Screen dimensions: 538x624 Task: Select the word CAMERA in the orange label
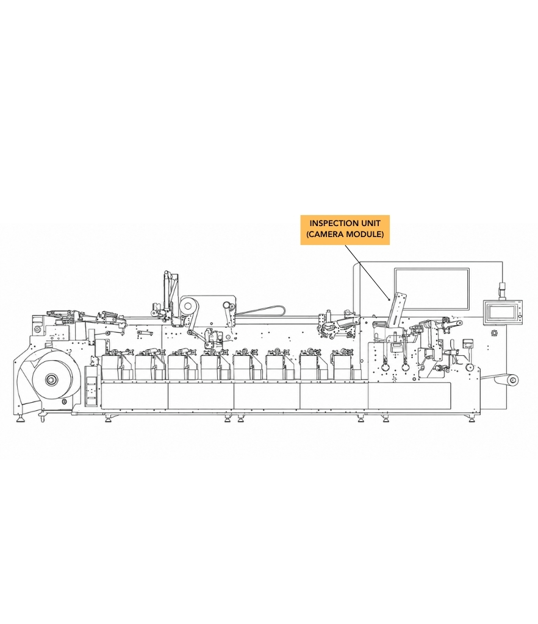pos(326,234)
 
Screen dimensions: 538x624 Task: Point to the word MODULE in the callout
pos(364,234)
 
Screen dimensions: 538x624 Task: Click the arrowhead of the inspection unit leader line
pos(389,298)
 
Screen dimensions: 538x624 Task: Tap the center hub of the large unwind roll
pos(51,380)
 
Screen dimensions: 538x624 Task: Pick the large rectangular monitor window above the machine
pos(432,289)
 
